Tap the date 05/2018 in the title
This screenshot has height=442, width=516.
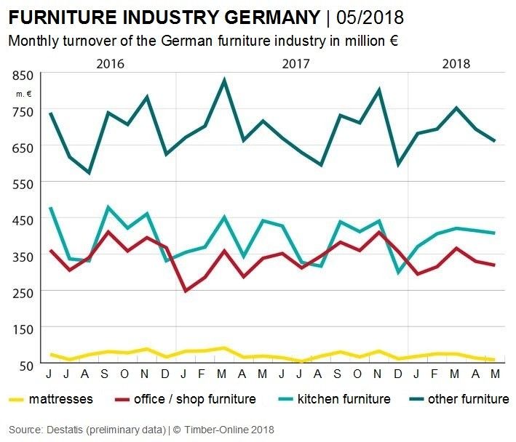370,17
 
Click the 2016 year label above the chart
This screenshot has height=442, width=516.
110,63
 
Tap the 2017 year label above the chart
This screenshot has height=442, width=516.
295,63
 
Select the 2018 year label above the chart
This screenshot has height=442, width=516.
456,63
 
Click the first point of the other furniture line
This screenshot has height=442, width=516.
49,113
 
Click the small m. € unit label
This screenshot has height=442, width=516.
25,93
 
